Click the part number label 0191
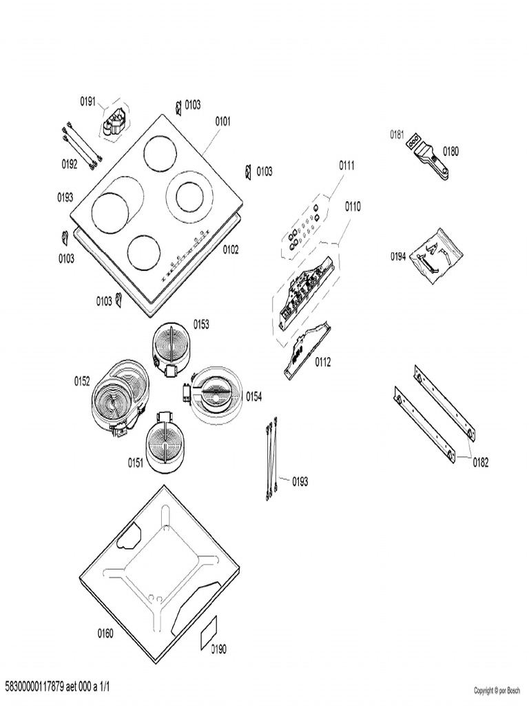click(x=87, y=101)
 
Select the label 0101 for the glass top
click(x=222, y=121)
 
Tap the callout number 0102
click(x=230, y=250)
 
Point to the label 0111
click(x=346, y=165)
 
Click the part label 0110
click(x=352, y=206)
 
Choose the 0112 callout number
click(x=322, y=361)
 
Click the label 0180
click(x=450, y=151)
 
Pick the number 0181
click(x=397, y=134)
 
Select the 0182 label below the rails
click(x=480, y=463)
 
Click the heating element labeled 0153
click(x=171, y=345)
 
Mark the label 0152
click(x=82, y=381)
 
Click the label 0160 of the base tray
click(x=105, y=634)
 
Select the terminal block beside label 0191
click(x=115, y=121)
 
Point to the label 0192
click(x=70, y=164)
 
